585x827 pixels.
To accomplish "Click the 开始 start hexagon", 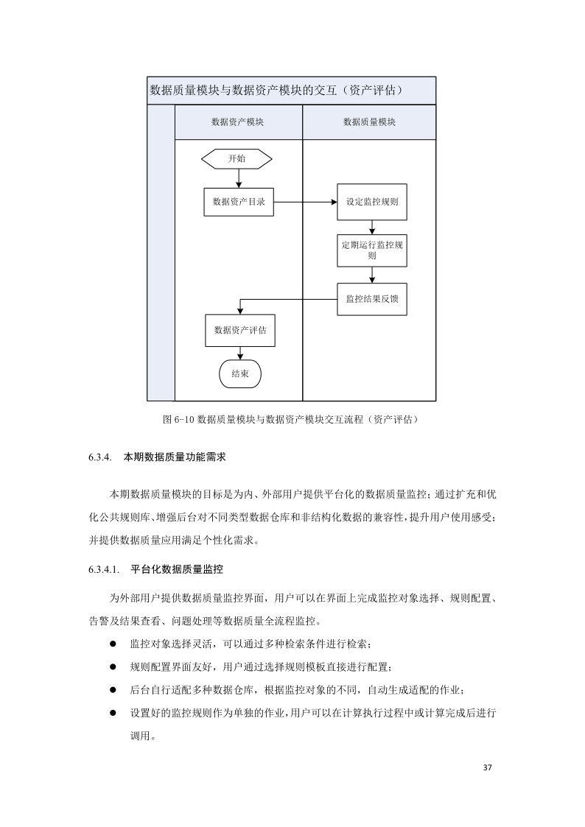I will (x=237, y=158).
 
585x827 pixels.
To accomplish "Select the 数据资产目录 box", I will (x=239, y=202).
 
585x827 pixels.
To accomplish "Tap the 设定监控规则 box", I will (x=372, y=202).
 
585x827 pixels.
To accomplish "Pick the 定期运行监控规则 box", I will (x=372, y=250).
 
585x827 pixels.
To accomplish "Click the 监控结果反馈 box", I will (x=372, y=300).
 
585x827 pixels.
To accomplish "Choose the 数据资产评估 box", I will (x=239, y=331).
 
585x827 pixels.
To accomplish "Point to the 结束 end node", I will (x=239, y=373).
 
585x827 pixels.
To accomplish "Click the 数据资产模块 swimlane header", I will (x=238, y=122).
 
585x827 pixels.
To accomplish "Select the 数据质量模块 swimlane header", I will (x=369, y=122).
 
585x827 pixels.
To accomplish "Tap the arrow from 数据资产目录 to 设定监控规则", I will (x=306, y=202).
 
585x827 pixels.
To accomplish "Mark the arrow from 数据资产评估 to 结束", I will (x=239, y=353).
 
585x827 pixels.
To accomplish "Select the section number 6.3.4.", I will (x=98, y=457).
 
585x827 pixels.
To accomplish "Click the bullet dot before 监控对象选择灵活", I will (x=113, y=644).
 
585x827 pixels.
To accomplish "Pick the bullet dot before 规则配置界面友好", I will (x=113, y=666).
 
